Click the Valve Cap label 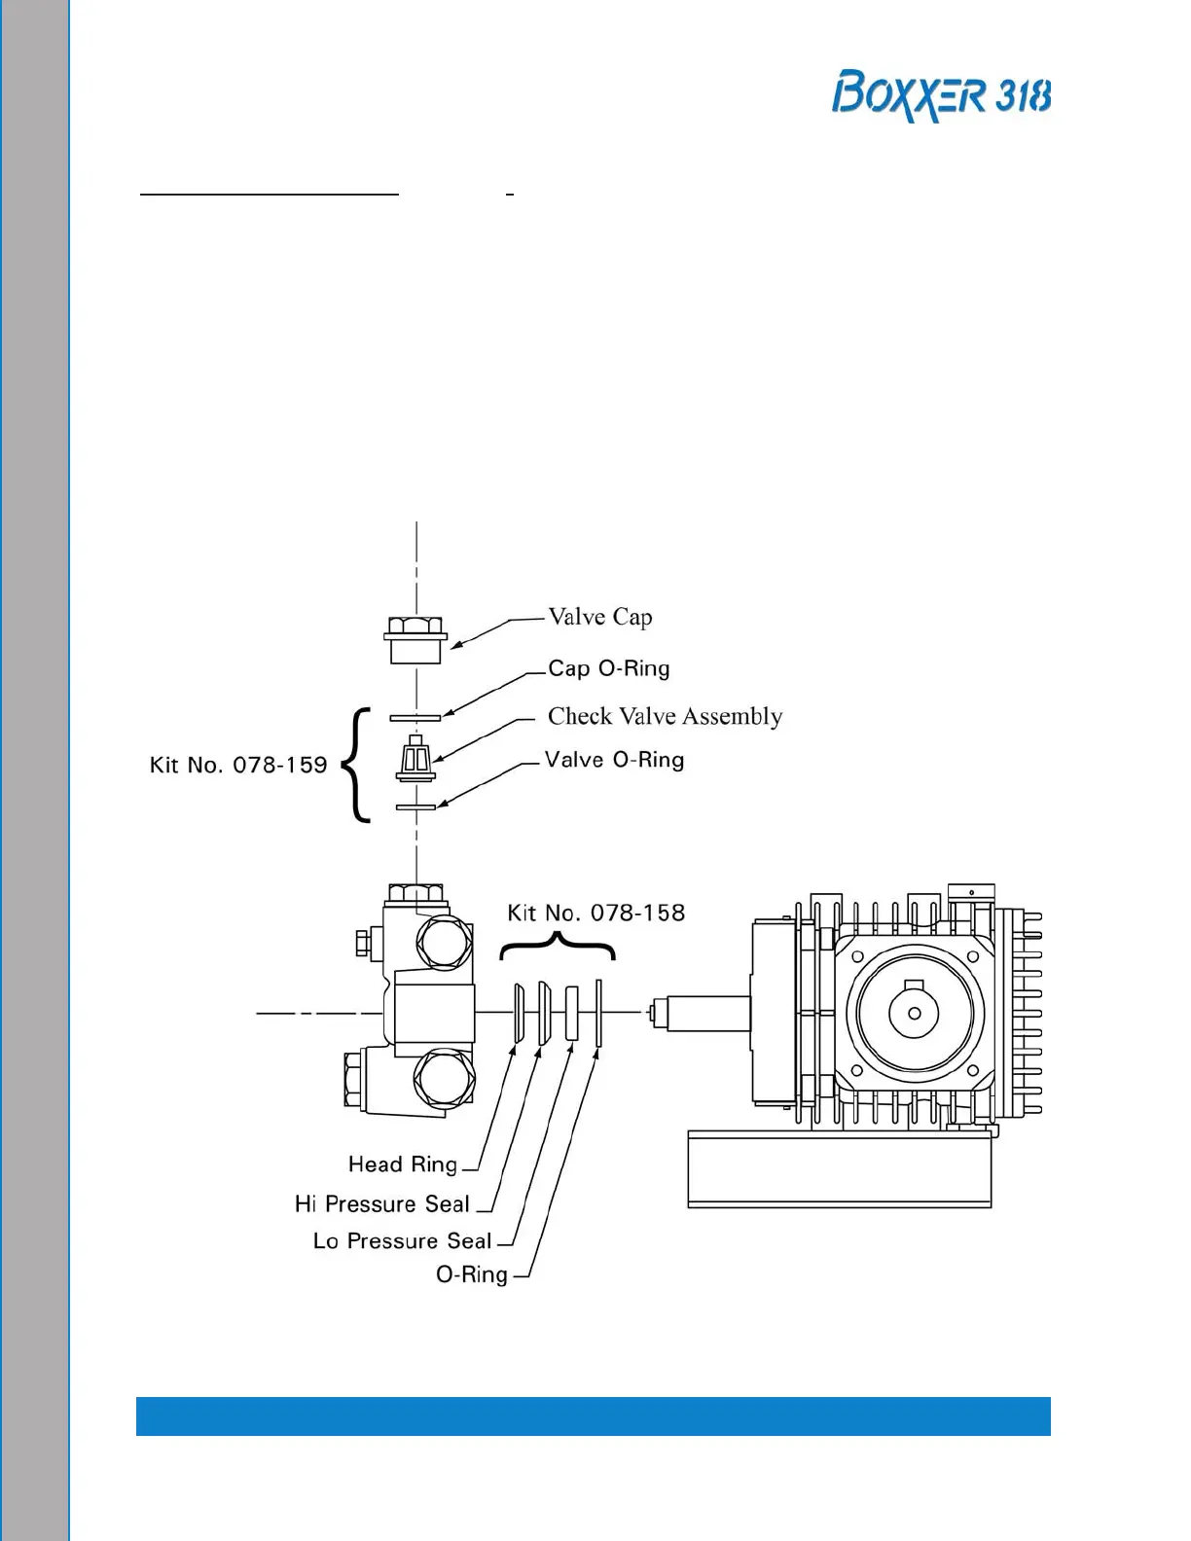pos(599,617)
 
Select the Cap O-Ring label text pos(608,668)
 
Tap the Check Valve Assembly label pos(665,716)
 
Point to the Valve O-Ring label pos(614,760)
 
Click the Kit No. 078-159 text pos(238,765)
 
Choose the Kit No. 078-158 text pos(595,913)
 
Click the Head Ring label pos(403,1164)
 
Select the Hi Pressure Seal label pos(382,1203)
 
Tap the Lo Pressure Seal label pos(402,1240)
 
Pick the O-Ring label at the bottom pos(472,1273)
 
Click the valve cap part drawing pos(416,639)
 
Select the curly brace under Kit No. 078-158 pos(558,945)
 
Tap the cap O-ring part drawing pos(415,718)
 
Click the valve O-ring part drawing pos(415,806)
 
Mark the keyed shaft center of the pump pos(913,1012)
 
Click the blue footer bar pos(593,1416)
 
